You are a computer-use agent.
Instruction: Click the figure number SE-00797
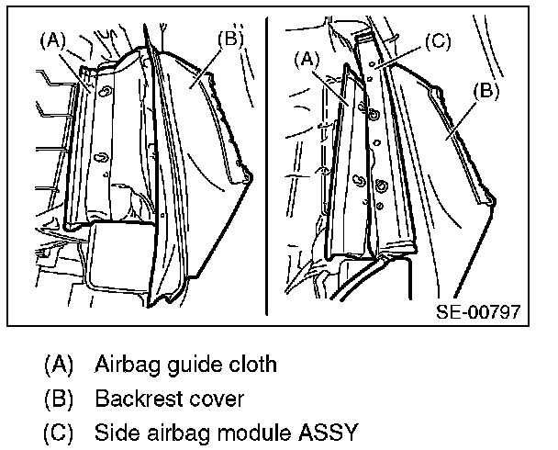point(479,310)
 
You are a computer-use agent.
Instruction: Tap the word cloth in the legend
point(251,364)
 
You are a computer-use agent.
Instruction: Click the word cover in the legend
point(218,399)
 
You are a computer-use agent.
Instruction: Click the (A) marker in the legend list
point(58,364)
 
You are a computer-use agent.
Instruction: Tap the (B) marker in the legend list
point(58,399)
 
